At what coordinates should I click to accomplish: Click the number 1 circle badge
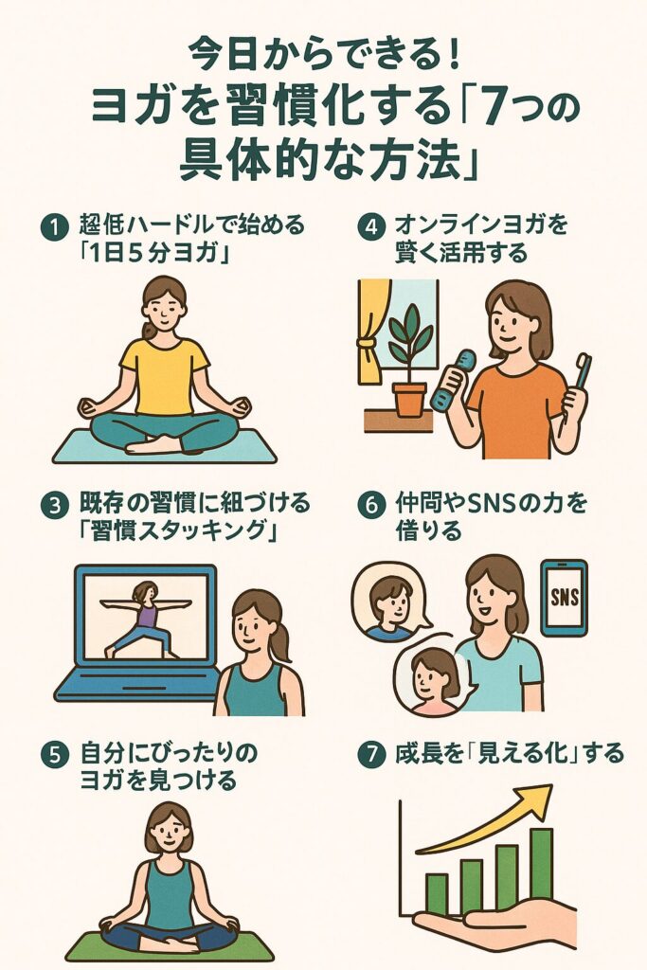54,226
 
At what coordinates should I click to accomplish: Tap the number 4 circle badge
371,226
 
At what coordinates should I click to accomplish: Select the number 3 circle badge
54,505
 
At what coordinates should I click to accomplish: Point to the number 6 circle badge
371,505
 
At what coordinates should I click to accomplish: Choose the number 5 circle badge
54,755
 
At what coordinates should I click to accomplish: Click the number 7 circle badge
371,754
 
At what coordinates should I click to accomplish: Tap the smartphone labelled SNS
565,598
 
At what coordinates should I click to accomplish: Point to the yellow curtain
372,331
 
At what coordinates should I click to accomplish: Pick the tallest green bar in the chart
541,864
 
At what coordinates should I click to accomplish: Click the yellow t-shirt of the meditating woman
165,376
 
